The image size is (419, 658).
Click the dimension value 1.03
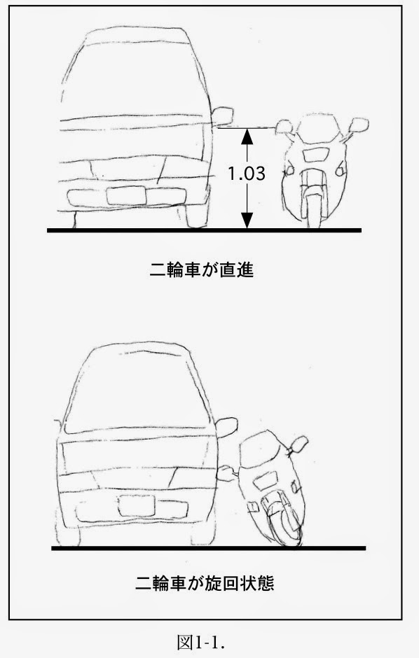click(x=247, y=173)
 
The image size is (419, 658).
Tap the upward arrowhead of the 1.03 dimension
click(x=247, y=136)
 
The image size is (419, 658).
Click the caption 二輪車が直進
click(x=202, y=269)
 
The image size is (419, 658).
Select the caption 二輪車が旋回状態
click(x=205, y=583)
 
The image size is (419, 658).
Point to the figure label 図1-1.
click(x=202, y=642)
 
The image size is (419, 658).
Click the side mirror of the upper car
click(x=222, y=115)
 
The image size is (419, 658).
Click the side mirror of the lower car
click(x=227, y=427)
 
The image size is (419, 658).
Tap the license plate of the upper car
click(x=126, y=196)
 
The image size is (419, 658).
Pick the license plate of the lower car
click(x=137, y=505)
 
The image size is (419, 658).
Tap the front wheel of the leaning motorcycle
click(x=282, y=522)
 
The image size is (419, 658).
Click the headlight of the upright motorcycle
click(x=315, y=155)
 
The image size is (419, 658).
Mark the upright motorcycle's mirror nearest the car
click(x=284, y=126)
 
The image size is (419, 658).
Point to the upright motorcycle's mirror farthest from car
click(x=359, y=125)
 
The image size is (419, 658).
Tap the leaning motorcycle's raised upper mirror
click(x=300, y=443)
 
